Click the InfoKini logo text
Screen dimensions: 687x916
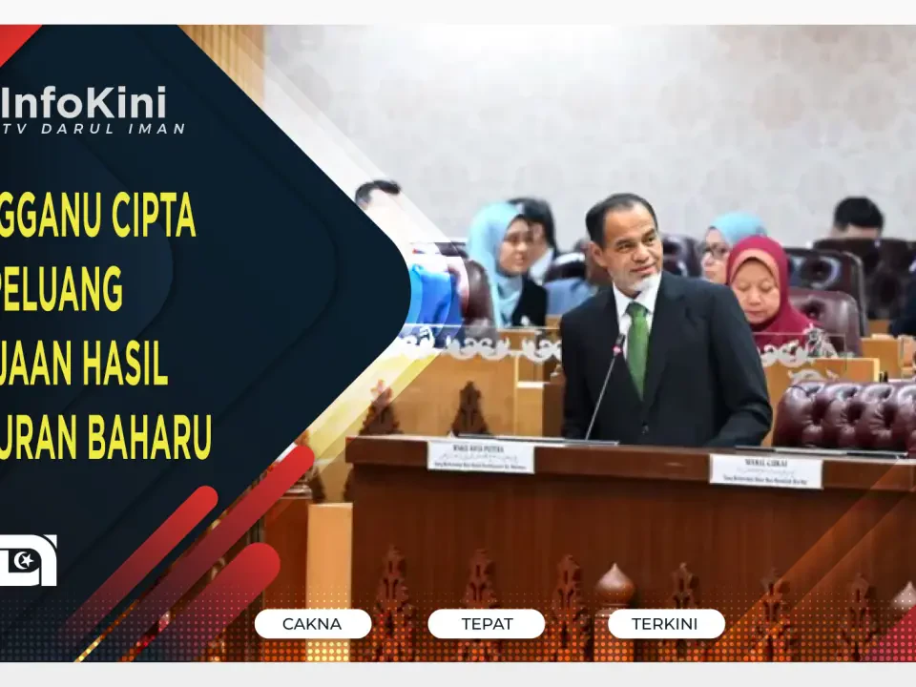point(84,101)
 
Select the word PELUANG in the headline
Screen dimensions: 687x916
point(63,291)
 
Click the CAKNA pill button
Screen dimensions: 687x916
point(313,624)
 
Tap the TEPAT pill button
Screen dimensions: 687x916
point(487,624)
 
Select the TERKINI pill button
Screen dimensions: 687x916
point(665,624)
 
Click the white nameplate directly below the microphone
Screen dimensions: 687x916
point(480,455)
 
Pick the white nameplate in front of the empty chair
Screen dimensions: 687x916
point(765,469)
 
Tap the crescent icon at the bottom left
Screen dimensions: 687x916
point(27,560)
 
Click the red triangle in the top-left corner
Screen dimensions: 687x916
point(13,37)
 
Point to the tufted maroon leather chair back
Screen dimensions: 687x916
point(844,414)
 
